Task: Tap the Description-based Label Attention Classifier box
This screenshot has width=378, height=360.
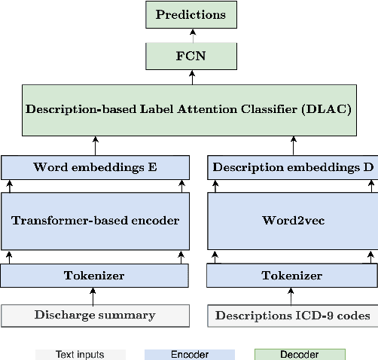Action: pos(189,108)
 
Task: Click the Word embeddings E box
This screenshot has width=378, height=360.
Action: pos(95,167)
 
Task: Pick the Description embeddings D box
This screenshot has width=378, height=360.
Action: pos(292,167)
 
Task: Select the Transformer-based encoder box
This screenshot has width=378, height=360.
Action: pos(95,220)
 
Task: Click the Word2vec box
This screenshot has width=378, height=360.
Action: pos(292,220)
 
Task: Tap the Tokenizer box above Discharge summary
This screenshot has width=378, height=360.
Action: pos(95,276)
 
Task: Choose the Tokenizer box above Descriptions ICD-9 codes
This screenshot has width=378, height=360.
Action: pos(292,276)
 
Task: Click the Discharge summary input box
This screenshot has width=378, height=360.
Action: pos(95,316)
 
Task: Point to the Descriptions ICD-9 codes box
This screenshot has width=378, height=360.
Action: pos(292,316)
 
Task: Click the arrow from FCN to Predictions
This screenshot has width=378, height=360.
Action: pos(191,35)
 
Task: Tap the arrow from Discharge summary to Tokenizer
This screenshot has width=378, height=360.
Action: pos(95,296)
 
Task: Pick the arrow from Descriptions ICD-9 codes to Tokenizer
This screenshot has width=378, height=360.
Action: pos(292,296)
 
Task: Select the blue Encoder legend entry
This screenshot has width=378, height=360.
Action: pos(190,354)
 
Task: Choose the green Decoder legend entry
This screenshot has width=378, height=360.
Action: pos(300,354)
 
